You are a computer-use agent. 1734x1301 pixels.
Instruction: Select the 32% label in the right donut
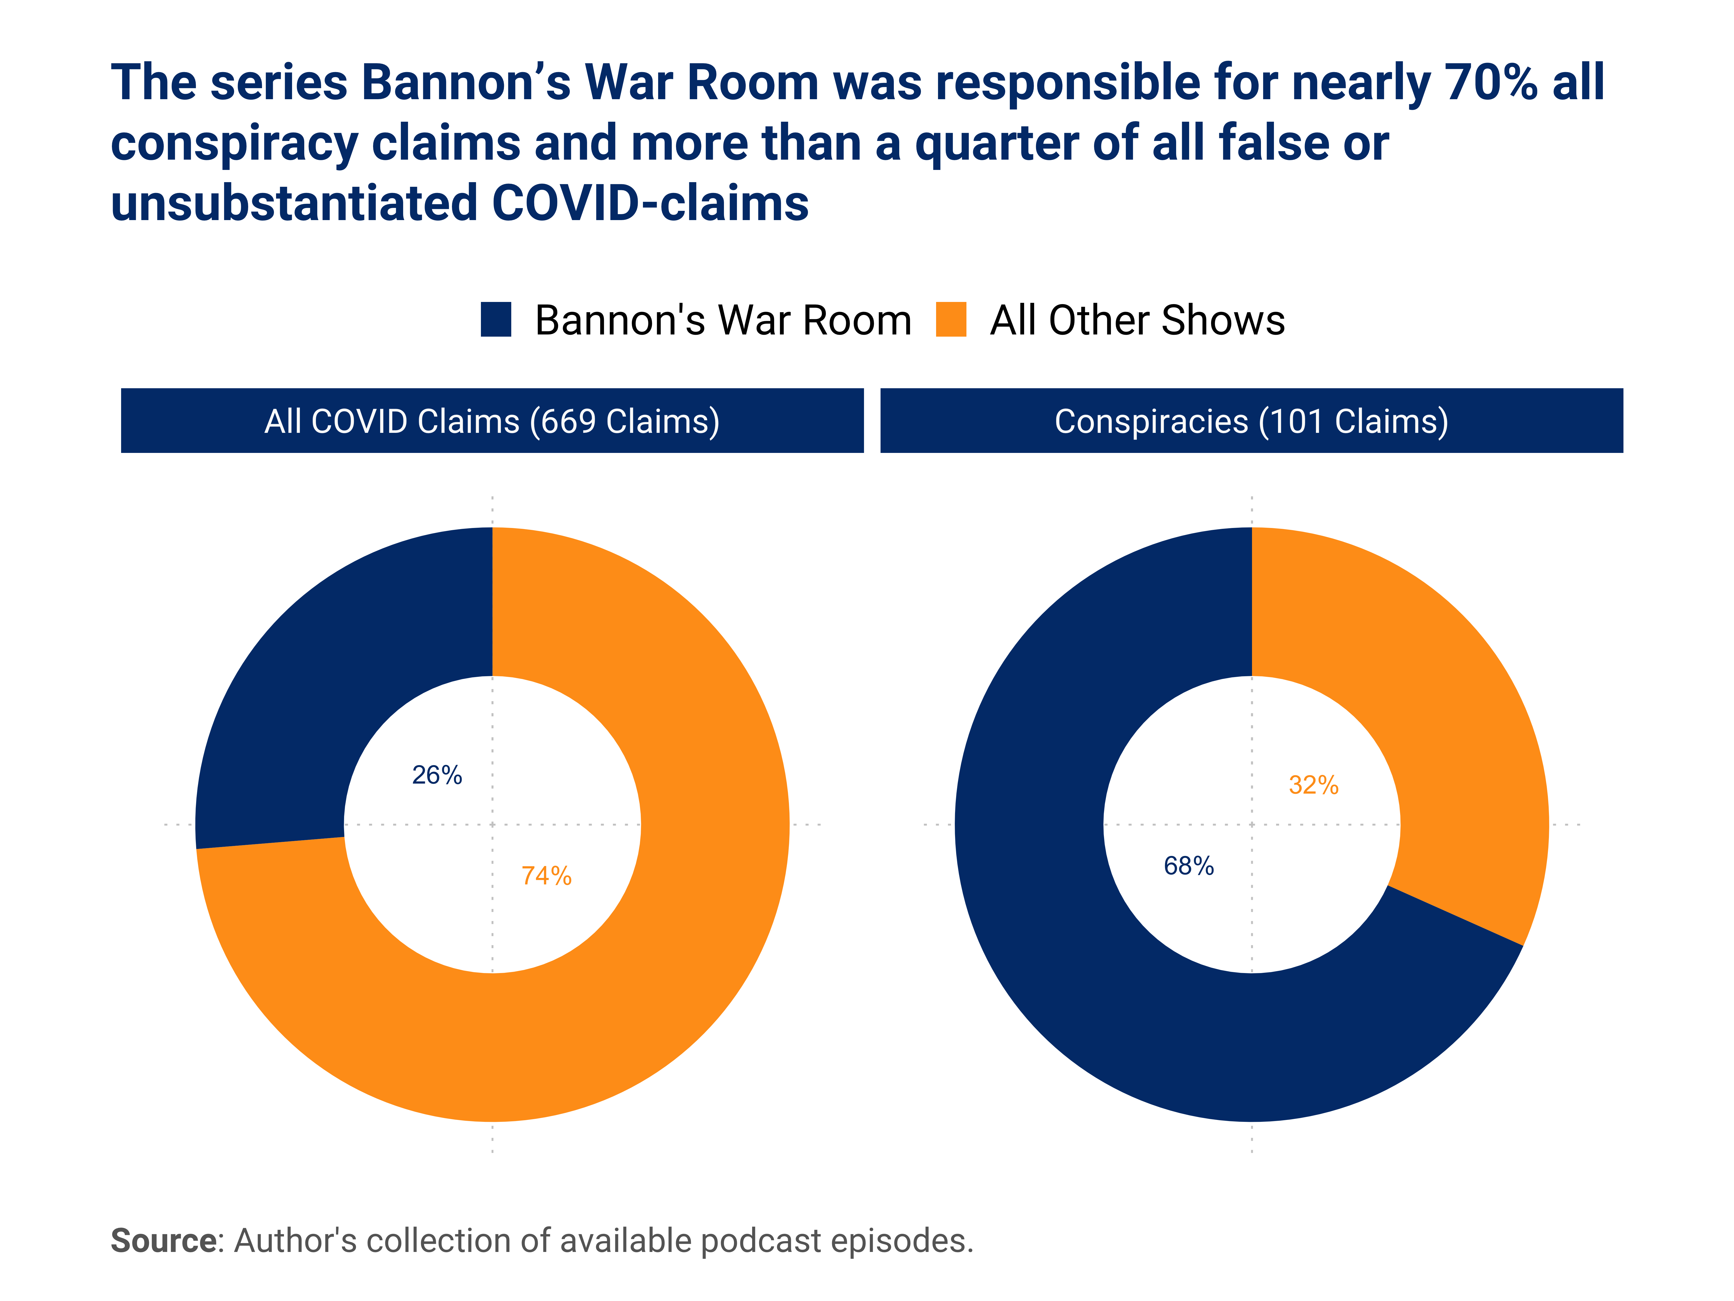(1314, 785)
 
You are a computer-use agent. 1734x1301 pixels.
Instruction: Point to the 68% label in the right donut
(1188, 866)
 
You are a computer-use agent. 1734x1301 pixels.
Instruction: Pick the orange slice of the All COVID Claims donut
(627, 980)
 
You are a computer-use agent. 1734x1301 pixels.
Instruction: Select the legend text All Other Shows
(1137, 320)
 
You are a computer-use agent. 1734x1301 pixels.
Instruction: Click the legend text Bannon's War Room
(723, 320)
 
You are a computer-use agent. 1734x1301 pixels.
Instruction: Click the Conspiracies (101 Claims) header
(1251, 421)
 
